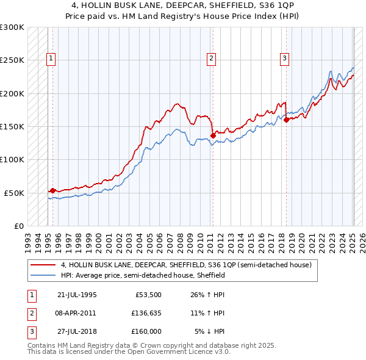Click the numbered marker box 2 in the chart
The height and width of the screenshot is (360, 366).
pyautogui.click(x=211, y=59)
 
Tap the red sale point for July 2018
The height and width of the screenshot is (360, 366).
pyautogui.click(x=286, y=120)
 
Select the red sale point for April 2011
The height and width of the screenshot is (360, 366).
pyautogui.click(x=213, y=135)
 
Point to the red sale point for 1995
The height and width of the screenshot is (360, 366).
pyautogui.click(x=53, y=190)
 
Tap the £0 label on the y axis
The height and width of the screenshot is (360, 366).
pyautogui.click(x=19, y=226)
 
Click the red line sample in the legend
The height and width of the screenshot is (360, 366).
pyautogui.click(x=43, y=265)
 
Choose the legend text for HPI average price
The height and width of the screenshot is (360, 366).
pyautogui.click(x=143, y=275)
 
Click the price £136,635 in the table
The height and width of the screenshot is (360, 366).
pyautogui.click(x=145, y=312)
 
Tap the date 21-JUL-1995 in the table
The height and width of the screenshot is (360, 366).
pyautogui.click(x=77, y=294)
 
